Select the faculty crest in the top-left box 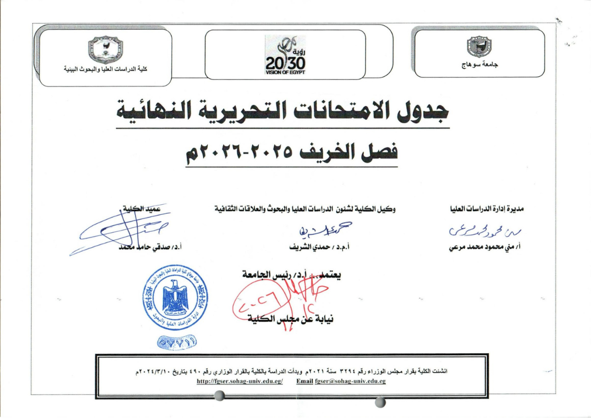pyautogui.click(x=106, y=49)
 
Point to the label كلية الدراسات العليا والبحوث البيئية pyautogui.click(x=105, y=70)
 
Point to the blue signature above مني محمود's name pyautogui.click(x=477, y=229)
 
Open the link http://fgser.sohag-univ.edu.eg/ pyautogui.click(x=239, y=381)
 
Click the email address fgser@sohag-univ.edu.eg pyautogui.click(x=341, y=381)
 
